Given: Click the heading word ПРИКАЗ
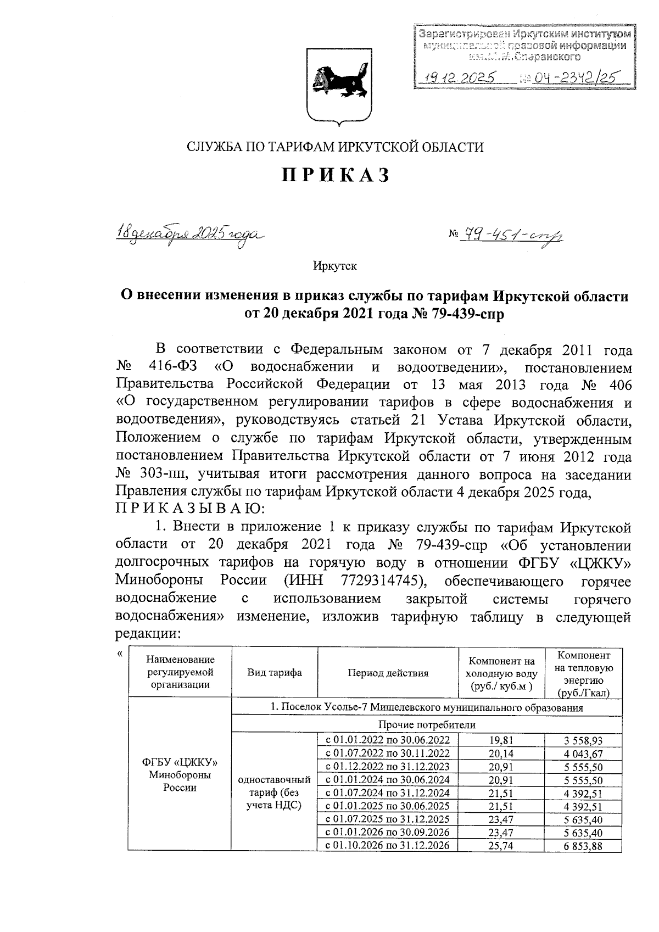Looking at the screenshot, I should pos(336,175).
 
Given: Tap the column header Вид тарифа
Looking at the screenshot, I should pos(275,673).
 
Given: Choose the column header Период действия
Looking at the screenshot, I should pos(388,673).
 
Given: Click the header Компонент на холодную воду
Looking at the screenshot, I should pos(500,673).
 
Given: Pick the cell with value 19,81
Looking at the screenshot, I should pos(500,740).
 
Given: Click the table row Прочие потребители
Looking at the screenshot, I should pos(427,725).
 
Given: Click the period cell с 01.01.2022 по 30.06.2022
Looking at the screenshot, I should pos(388,740).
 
